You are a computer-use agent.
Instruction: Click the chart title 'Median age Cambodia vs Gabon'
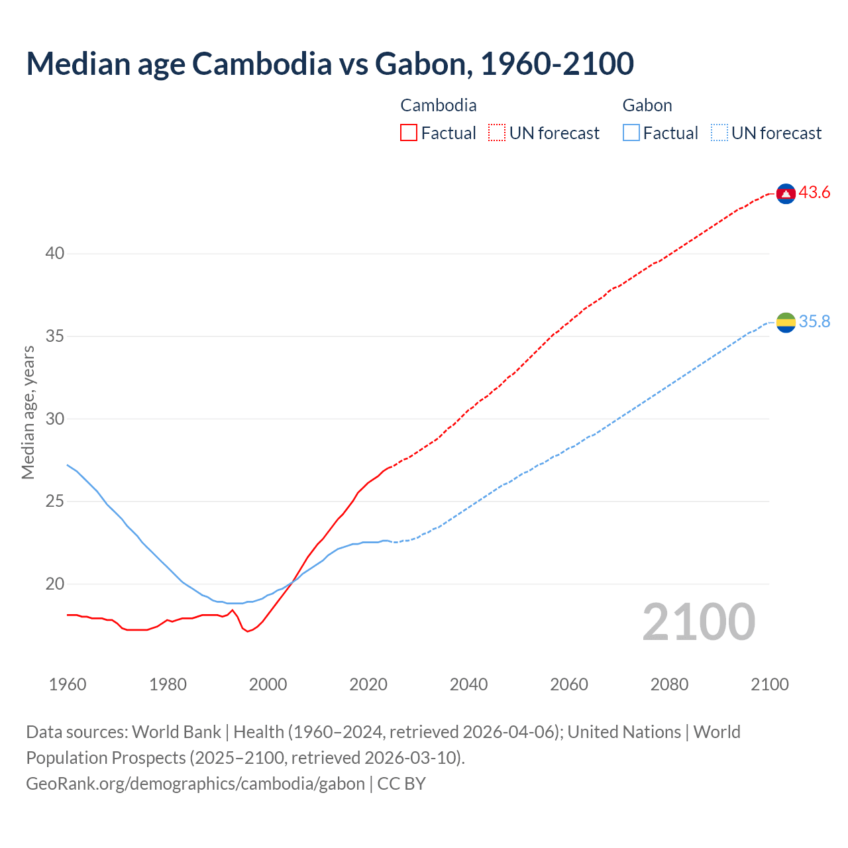click(x=330, y=64)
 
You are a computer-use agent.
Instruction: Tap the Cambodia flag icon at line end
click(x=786, y=193)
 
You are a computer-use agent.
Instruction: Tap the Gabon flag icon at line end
click(x=786, y=323)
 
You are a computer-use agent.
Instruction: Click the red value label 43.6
click(x=814, y=193)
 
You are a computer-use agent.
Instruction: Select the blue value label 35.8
click(x=814, y=322)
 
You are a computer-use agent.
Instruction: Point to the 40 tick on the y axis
click(x=55, y=254)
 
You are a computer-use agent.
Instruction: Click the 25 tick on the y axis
click(x=55, y=502)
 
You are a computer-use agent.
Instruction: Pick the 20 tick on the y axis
click(x=55, y=584)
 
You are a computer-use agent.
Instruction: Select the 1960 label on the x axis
click(x=68, y=684)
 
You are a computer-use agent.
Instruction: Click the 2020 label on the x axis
click(x=368, y=684)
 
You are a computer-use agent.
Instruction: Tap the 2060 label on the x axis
click(x=569, y=684)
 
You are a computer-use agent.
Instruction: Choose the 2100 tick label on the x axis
click(x=769, y=684)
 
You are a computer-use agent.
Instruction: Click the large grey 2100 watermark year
click(x=698, y=621)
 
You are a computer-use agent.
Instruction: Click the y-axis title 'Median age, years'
click(x=28, y=412)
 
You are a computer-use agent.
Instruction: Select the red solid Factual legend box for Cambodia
click(x=409, y=133)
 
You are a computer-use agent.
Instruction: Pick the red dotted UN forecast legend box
click(x=497, y=133)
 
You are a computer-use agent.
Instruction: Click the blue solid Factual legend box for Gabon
click(x=631, y=133)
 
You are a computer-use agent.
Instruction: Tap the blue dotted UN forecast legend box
click(x=719, y=133)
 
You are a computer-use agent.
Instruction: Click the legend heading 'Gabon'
click(x=647, y=105)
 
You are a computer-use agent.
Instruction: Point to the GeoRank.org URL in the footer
click(x=195, y=784)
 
